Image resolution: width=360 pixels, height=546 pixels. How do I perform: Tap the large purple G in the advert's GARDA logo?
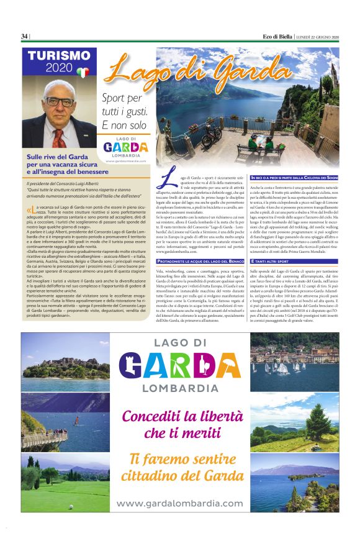(133, 366)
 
